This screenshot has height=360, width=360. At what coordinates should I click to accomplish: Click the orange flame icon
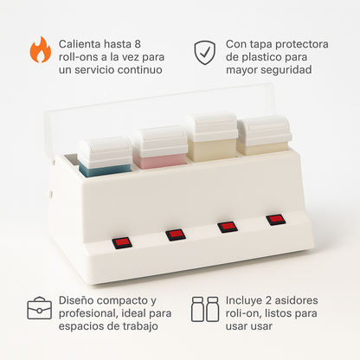(x=41, y=50)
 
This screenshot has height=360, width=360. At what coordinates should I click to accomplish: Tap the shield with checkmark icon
(x=204, y=53)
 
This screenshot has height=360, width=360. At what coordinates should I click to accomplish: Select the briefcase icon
(x=40, y=308)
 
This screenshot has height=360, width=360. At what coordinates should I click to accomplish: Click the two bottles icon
(x=205, y=309)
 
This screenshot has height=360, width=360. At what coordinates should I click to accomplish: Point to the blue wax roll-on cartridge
(x=106, y=157)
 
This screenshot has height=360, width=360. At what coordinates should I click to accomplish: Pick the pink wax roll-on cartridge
(x=160, y=147)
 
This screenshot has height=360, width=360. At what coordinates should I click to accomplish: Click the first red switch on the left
(x=122, y=243)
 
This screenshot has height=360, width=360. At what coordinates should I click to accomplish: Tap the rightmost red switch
(x=276, y=220)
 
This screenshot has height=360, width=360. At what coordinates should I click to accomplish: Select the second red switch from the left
(x=176, y=235)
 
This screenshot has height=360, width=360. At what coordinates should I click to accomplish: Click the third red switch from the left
(x=228, y=227)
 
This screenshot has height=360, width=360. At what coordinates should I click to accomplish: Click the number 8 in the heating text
(x=138, y=44)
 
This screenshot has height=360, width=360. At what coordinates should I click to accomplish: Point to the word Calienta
(x=80, y=44)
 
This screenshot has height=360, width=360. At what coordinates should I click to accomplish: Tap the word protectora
(x=302, y=44)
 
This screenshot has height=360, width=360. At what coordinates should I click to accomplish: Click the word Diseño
(x=74, y=300)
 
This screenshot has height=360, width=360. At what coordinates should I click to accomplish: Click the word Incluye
(x=244, y=300)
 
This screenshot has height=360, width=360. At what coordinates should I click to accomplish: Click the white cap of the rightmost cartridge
(x=263, y=131)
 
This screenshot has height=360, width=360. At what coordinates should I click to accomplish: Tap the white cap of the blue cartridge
(x=106, y=151)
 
